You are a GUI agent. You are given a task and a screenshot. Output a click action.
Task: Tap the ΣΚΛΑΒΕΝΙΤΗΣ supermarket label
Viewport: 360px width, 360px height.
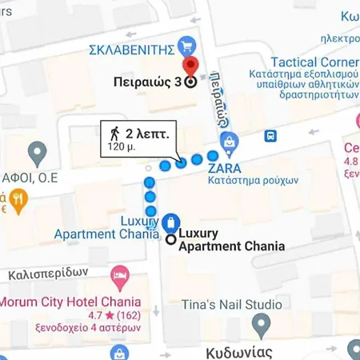pyautogui.click(x=131, y=49)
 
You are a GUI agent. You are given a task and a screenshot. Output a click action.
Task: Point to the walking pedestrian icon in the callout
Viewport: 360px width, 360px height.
pyautogui.click(x=114, y=133)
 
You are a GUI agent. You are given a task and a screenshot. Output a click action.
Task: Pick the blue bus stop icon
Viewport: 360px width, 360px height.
pyautogui.click(x=271, y=136)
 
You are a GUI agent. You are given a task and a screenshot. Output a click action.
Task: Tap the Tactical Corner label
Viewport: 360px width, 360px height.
pyautogui.click(x=314, y=62)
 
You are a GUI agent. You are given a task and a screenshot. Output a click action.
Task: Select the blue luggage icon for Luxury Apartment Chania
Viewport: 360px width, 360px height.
pyautogui.click(x=170, y=222)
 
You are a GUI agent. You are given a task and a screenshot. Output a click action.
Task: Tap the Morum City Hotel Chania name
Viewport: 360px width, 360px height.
pyautogui.click(x=70, y=302)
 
